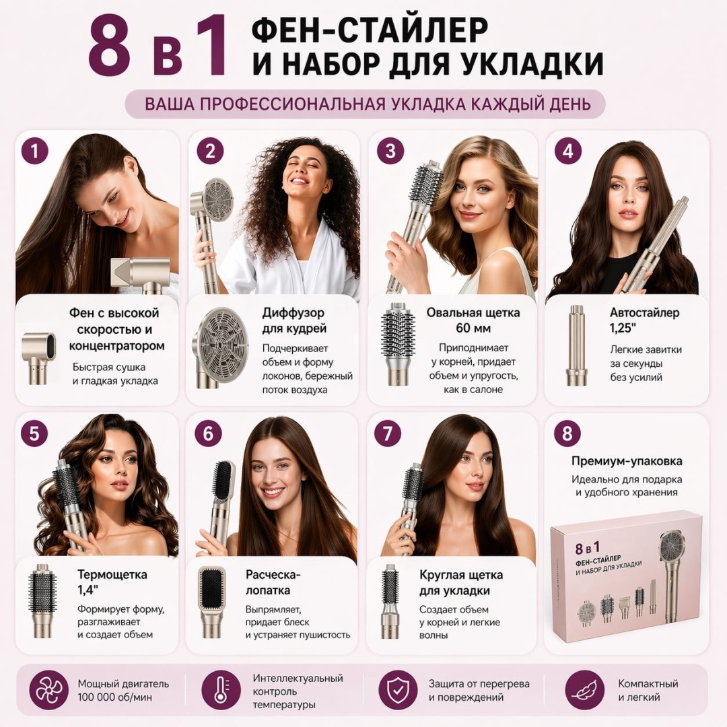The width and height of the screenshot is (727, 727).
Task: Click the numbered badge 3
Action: coord(390,151)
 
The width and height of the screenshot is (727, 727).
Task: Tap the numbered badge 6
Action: coord(208,434)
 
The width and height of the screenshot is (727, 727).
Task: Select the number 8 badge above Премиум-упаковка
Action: coord(567,434)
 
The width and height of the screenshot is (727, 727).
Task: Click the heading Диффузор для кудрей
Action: coord(294,320)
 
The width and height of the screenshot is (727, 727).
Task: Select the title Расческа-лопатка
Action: coord(273,582)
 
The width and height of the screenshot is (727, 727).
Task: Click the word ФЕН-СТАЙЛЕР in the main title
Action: coord(370,30)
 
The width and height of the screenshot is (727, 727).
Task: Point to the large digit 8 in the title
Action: coord(110,46)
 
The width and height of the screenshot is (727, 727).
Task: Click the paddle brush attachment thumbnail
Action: coord(211,602)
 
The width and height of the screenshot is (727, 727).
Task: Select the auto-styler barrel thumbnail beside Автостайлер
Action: coord(576,345)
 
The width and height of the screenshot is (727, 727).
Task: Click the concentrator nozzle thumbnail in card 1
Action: coord(39,357)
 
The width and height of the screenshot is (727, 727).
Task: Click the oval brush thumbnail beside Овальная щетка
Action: coord(397,343)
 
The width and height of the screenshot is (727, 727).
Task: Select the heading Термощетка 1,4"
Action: coord(112,582)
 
